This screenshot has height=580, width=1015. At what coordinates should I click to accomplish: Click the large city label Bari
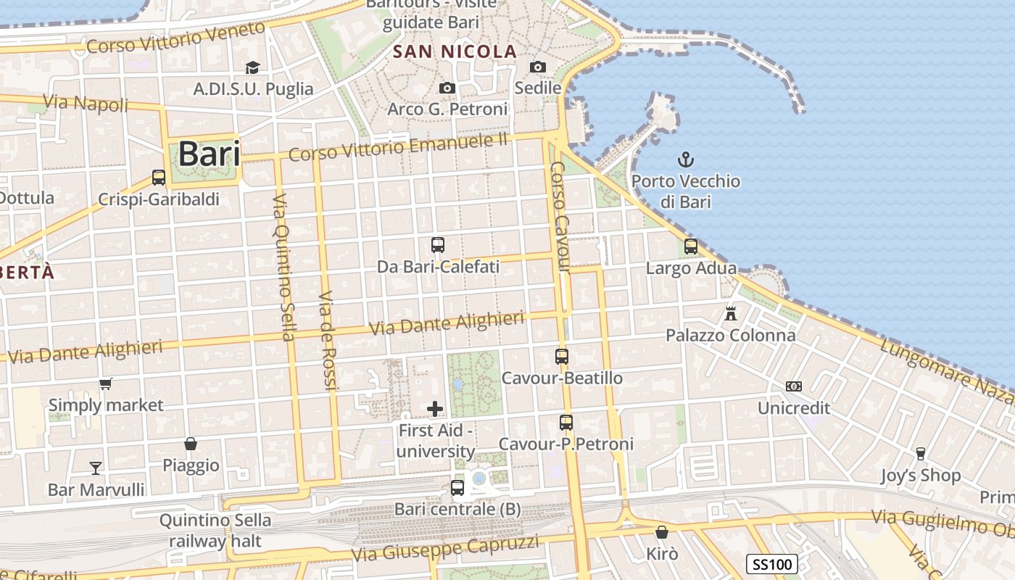209,154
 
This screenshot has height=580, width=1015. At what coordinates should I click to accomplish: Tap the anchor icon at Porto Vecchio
685,159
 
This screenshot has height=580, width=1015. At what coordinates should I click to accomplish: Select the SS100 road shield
772,564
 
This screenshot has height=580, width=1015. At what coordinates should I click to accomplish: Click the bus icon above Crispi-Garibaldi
159,177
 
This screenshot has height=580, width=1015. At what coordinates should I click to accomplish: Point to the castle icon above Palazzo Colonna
731,314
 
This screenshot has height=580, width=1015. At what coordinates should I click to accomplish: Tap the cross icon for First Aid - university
435,409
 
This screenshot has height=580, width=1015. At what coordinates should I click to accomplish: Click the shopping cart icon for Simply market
106,384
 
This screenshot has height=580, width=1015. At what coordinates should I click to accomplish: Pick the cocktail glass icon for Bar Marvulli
96,468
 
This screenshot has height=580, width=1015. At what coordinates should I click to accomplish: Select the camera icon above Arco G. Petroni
447,88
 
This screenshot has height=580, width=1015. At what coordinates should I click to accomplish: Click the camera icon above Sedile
537,67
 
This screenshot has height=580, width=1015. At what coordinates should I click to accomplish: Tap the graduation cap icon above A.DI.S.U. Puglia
252,67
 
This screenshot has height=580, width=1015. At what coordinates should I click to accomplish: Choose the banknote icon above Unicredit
794,386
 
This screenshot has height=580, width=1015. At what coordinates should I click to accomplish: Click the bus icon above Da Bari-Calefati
438,245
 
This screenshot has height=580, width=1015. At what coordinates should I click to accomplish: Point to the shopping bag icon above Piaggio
191,443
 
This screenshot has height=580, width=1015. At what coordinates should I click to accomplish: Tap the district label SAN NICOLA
455,51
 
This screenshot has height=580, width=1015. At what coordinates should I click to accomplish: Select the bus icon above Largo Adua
691,246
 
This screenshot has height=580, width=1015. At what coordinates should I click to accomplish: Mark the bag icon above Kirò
662,532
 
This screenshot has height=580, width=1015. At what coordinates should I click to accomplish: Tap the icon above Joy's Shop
921,454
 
